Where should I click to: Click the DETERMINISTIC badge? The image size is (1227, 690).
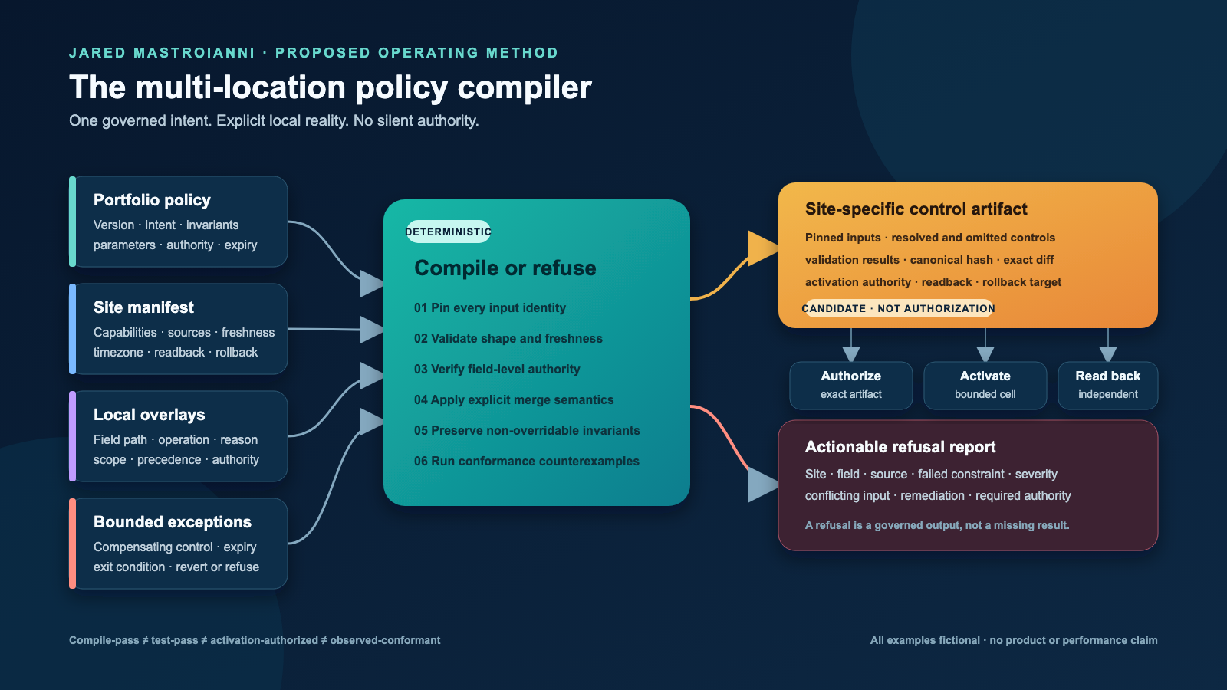pyautogui.click(x=448, y=232)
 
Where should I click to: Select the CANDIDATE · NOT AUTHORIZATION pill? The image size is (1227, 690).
pyautogui.click(x=898, y=308)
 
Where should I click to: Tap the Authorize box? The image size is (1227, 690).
pyautogui.click(x=850, y=385)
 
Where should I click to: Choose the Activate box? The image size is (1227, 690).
pyautogui.click(x=985, y=385)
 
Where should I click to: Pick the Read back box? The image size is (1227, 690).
pyautogui.click(x=1107, y=385)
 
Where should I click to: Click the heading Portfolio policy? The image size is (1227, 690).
pyautogui.click(x=152, y=200)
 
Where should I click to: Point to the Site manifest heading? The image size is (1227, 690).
pyautogui.click(x=143, y=307)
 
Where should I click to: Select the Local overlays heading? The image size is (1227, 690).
pyautogui.click(x=149, y=415)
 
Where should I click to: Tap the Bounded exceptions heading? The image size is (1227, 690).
pyautogui.click(x=172, y=522)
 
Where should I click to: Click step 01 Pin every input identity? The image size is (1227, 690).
pyautogui.click(x=490, y=307)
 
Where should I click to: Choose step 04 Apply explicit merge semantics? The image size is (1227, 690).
pyautogui.click(x=513, y=399)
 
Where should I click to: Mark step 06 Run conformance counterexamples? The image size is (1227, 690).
pyautogui.click(x=526, y=461)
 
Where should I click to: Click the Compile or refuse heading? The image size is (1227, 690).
pyautogui.click(x=505, y=268)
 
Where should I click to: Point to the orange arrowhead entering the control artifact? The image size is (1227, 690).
pyautogui.click(x=762, y=248)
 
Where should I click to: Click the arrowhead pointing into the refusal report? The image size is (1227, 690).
pyautogui.click(x=762, y=485)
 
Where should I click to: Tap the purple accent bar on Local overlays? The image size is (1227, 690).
pyautogui.click(x=72, y=436)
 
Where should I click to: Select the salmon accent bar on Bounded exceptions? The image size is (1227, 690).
pyautogui.click(x=72, y=544)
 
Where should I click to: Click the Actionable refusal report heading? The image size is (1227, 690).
pyautogui.click(x=900, y=447)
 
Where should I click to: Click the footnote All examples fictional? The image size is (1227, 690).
pyautogui.click(x=925, y=640)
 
